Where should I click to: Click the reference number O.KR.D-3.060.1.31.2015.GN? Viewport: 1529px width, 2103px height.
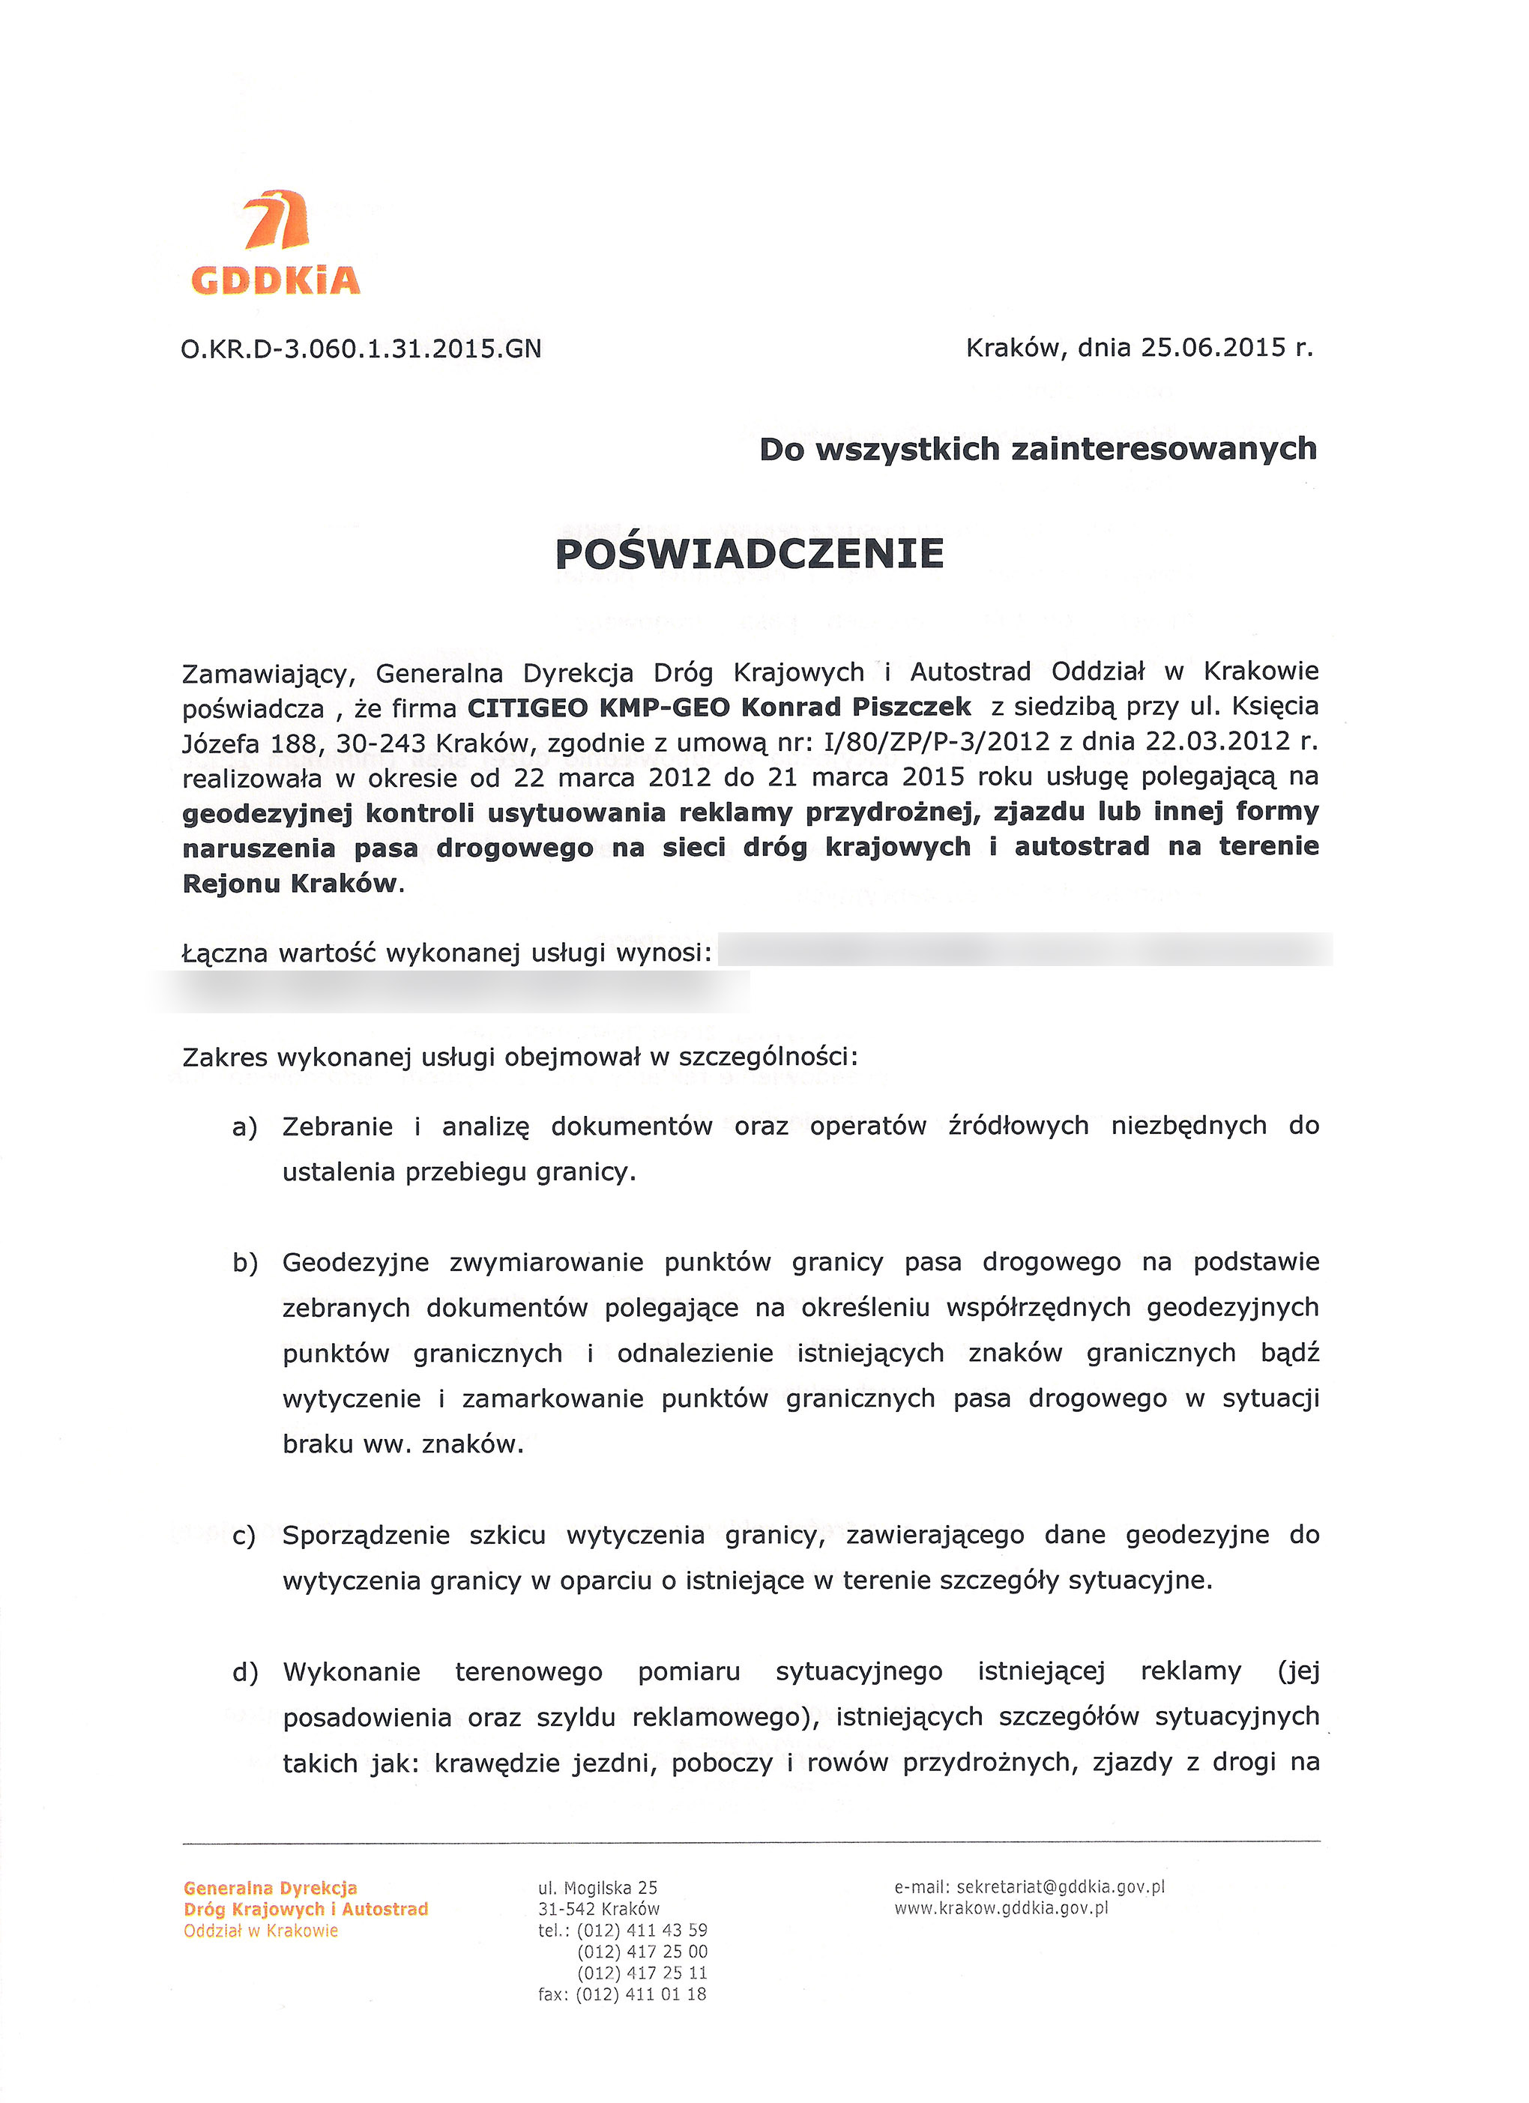(361, 349)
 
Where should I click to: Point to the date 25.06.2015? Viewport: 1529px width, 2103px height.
(1213, 348)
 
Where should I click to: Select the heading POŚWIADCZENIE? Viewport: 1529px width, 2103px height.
(750, 555)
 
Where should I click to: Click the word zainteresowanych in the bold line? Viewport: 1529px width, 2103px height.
(1164, 449)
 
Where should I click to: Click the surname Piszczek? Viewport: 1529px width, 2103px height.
(911, 707)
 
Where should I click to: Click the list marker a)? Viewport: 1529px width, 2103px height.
(245, 1127)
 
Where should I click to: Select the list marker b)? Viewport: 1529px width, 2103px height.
(245, 1263)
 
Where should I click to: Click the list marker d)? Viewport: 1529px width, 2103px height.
(245, 1673)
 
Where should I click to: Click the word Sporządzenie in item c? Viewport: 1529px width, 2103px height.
(367, 1536)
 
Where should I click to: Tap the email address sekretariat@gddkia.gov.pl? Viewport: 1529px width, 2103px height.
(1060, 1887)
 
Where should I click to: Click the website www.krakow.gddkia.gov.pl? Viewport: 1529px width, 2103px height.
(1001, 1908)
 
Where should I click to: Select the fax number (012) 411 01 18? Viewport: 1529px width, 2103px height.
(641, 1994)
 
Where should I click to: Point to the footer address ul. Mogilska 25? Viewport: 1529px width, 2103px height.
(597, 1888)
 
